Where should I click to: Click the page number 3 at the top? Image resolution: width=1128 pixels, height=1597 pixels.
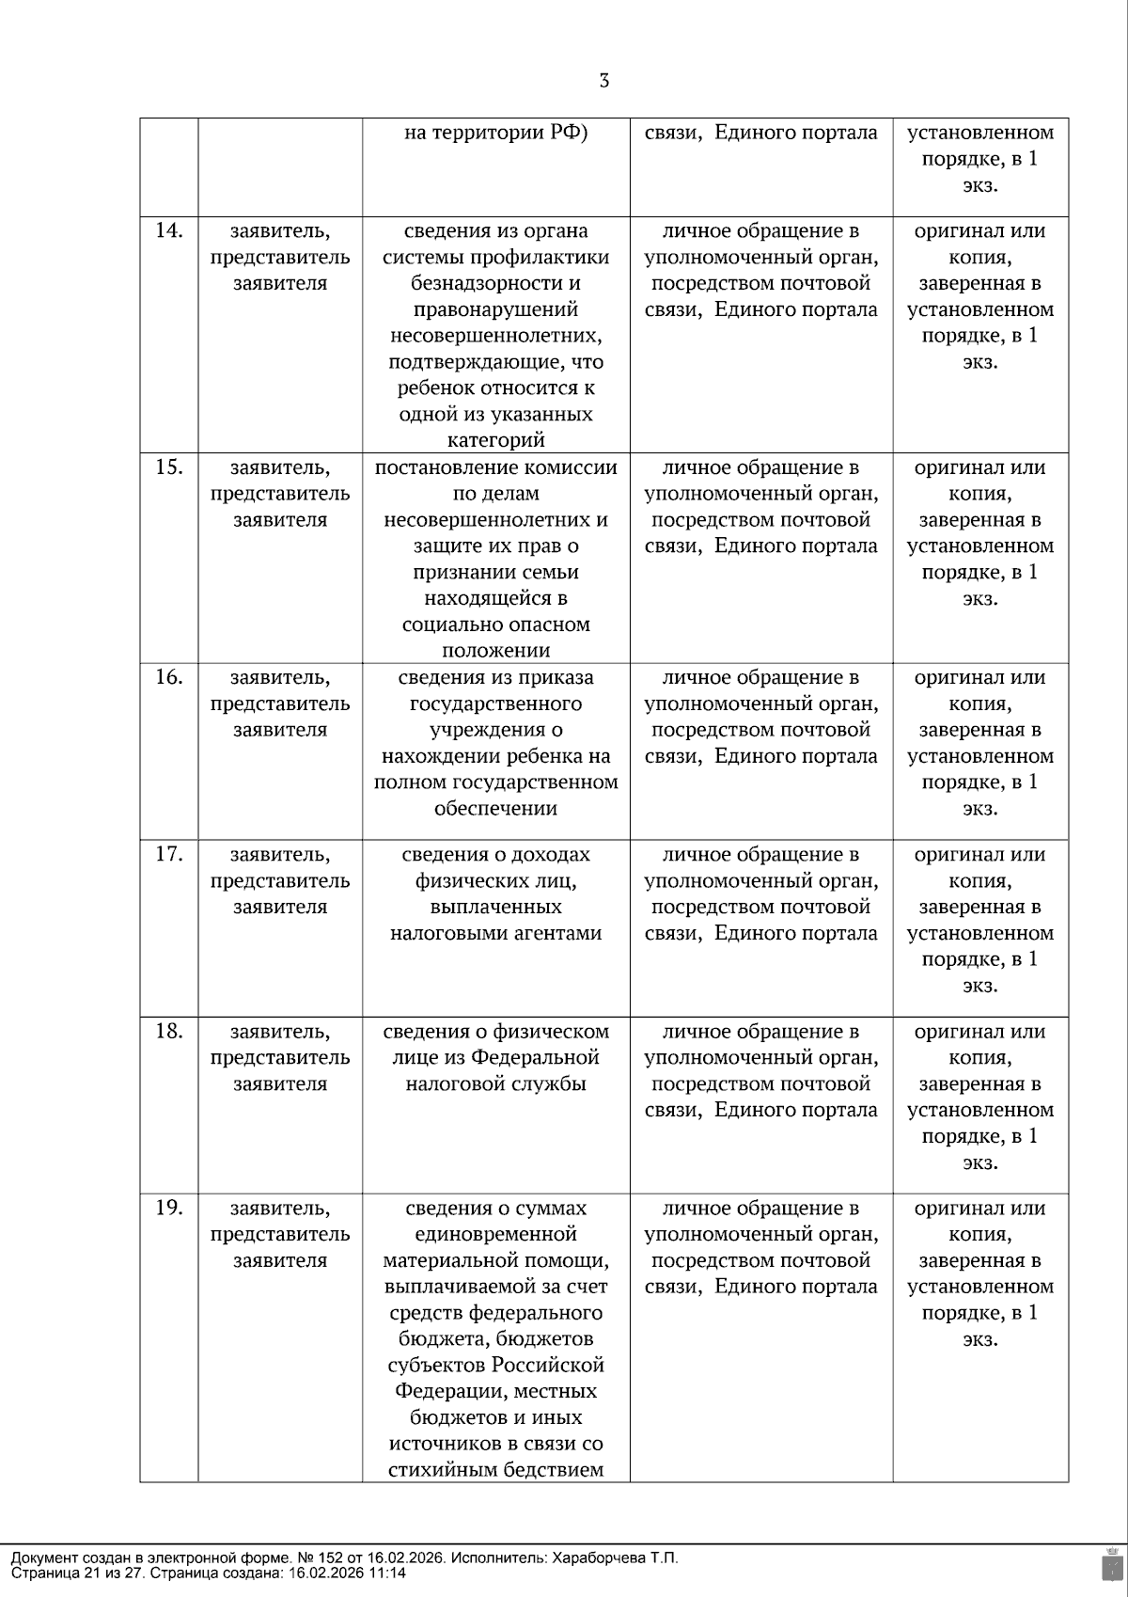(603, 81)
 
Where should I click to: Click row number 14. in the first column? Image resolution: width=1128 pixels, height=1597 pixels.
(168, 229)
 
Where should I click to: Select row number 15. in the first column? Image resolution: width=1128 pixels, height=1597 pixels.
(168, 466)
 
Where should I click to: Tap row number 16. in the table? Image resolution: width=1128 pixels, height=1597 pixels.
(168, 676)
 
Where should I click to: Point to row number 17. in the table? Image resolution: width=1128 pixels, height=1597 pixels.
(168, 853)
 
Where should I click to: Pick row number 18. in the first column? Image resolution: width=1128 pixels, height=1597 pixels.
(168, 1030)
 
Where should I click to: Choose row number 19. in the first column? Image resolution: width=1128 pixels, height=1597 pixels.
(168, 1207)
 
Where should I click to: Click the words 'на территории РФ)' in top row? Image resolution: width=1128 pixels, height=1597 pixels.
(495, 133)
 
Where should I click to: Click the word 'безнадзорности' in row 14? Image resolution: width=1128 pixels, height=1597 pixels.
(495, 283)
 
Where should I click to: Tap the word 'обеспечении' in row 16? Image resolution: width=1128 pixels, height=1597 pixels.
(495, 808)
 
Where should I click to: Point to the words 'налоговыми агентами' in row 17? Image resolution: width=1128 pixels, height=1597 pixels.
(495, 933)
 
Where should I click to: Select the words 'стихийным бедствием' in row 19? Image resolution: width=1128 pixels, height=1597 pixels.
(495, 1470)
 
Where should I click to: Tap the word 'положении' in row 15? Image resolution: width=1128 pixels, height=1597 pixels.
(495, 651)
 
